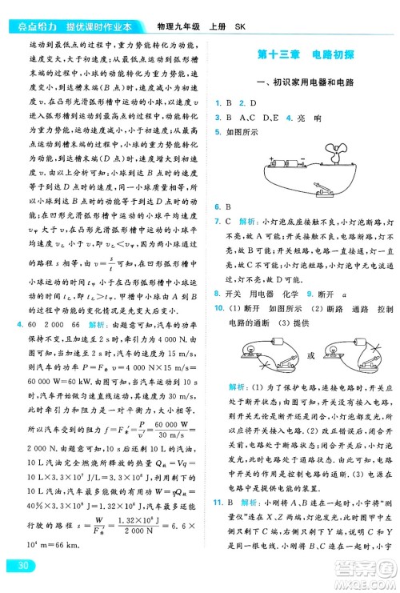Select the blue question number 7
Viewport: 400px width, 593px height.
pyautogui.click(x=217, y=220)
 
